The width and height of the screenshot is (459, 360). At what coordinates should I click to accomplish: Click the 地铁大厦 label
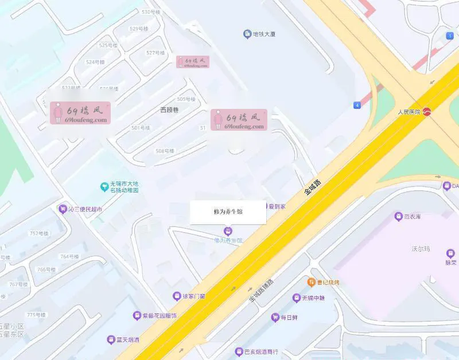click(x=264, y=34)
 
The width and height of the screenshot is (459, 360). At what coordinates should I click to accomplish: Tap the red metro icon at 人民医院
click(x=427, y=112)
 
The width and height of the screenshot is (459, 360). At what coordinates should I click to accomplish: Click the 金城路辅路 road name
click(x=262, y=291)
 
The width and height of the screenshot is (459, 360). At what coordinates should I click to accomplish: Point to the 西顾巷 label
click(x=169, y=109)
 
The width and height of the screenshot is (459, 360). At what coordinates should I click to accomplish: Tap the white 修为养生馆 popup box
click(x=228, y=212)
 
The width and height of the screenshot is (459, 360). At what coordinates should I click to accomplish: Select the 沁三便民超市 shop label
click(x=85, y=209)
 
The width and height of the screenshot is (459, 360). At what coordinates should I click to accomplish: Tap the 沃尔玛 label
click(x=421, y=249)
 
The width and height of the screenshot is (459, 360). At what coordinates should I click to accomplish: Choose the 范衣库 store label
click(x=412, y=217)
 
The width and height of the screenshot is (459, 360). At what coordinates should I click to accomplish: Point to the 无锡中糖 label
click(x=313, y=298)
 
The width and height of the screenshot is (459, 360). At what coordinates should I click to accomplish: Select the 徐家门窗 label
click(x=194, y=296)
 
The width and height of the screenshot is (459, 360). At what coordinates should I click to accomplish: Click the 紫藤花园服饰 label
click(x=160, y=315)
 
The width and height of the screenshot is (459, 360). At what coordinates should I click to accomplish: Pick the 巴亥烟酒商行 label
click(x=261, y=351)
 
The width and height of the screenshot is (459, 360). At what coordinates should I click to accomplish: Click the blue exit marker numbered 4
click(x=357, y=105)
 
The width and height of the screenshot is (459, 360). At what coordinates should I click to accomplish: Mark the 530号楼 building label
click(x=150, y=12)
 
